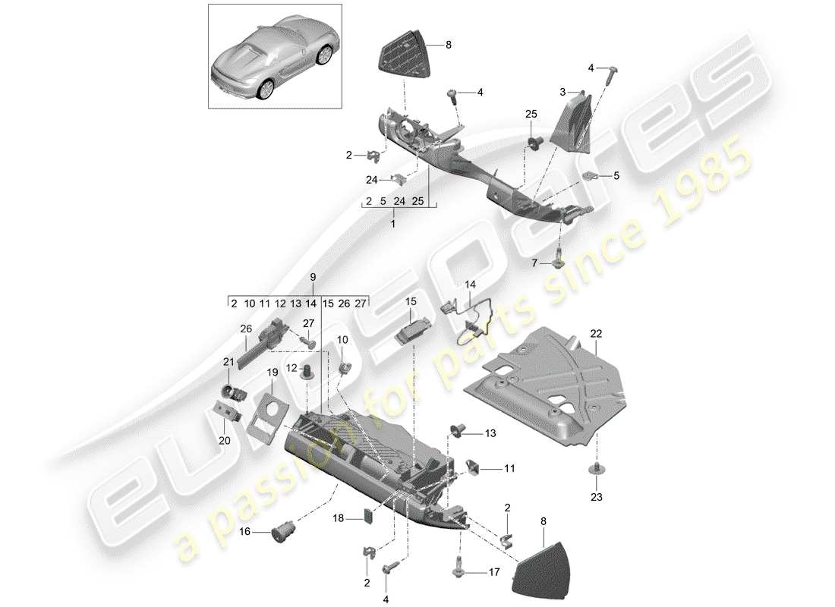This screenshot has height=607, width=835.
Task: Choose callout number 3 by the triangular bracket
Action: pyautogui.click(x=562, y=92)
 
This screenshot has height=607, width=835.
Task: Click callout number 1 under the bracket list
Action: pyautogui.click(x=394, y=225)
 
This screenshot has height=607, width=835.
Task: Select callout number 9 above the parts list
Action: pyautogui.click(x=312, y=278)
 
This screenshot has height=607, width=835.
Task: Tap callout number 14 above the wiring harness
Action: pyautogui.click(x=471, y=285)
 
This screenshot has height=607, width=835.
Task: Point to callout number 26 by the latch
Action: pyautogui.click(x=245, y=329)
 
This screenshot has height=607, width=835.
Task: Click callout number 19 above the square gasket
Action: pyautogui.click(x=272, y=373)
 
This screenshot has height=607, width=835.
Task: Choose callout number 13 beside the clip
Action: pyautogui.click(x=490, y=433)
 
